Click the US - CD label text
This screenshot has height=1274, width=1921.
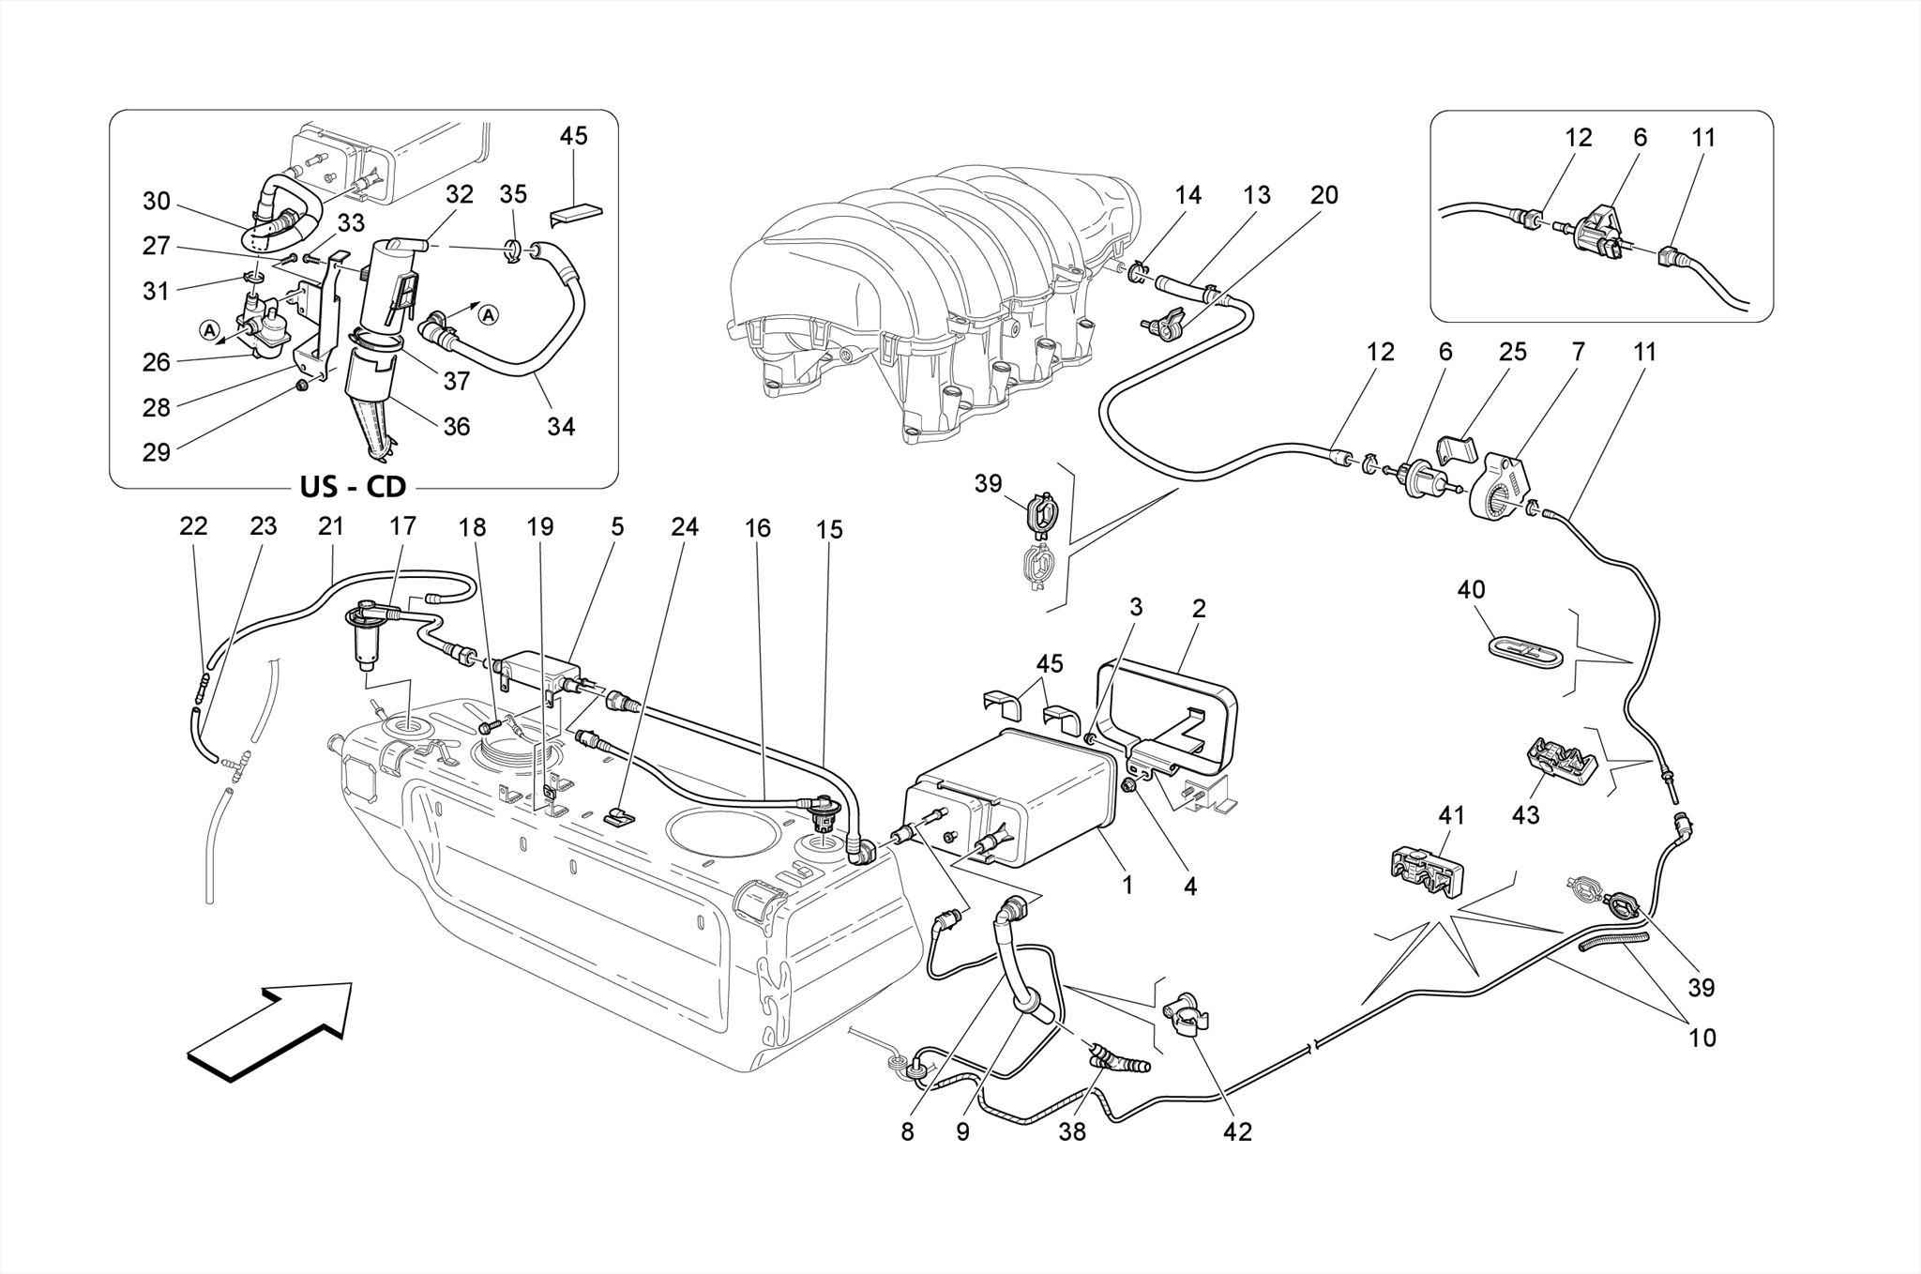(353, 487)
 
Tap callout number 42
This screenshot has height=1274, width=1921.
(1237, 1132)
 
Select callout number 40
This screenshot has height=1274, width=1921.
(1471, 590)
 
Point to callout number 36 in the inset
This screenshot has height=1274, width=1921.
(456, 426)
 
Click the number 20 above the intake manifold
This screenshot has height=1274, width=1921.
(1324, 195)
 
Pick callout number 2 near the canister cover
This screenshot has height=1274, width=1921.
(1199, 608)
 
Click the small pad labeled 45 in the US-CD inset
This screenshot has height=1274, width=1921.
(576, 213)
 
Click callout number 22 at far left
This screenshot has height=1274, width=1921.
(193, 526)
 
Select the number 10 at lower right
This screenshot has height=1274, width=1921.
(1702, 1038)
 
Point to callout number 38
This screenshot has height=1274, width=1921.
(1071, 1132)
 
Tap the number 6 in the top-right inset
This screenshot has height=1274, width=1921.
(1640, 137)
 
